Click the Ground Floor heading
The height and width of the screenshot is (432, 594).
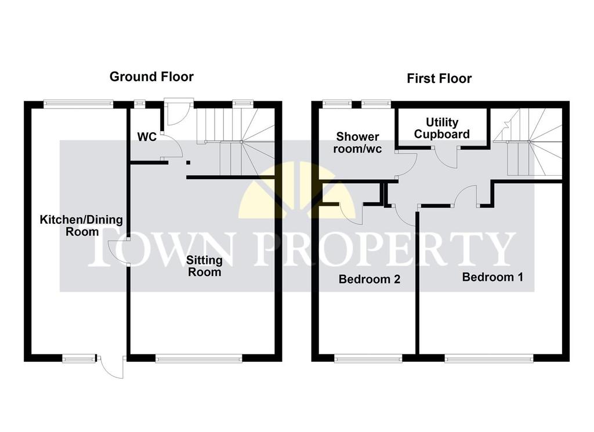tap(151, 77)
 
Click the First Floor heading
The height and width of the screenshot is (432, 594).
tap(439, 79)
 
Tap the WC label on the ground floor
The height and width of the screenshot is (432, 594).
tap(147, 137)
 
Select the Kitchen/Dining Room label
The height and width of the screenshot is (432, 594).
tap(81, 226)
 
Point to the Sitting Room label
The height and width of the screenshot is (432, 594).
tap(204, 266)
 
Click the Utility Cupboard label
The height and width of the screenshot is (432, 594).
tap(441, 128)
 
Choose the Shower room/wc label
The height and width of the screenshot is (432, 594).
tap(357, 143)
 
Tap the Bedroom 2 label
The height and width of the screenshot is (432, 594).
tap(370, 279)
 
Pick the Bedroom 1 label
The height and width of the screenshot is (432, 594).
tap(492, 277)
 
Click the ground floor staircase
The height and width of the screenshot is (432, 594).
tap(236, 141)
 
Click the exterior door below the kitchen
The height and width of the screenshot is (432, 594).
tap(111, 366)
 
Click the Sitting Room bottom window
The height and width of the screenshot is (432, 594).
tap(198, 358)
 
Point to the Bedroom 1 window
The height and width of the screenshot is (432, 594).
tap(488, 358)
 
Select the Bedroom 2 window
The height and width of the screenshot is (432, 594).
tap(368, 358)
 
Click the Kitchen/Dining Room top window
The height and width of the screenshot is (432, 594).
tap(78, 104)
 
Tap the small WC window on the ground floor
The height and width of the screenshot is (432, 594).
tap(139, 103)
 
